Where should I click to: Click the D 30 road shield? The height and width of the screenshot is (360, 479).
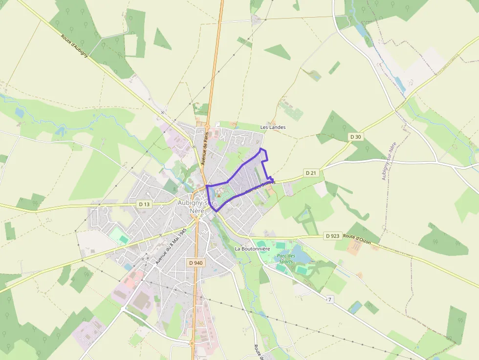tap(356, 137)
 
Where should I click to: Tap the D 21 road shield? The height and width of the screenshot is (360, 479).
tap(311, 173)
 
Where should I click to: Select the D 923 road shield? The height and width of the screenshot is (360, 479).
tap(332, 236)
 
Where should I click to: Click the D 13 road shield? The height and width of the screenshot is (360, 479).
tap(144, 204)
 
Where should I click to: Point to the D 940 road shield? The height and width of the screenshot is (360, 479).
tap(196, 263)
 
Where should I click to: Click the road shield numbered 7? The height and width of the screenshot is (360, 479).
tap(330, 299)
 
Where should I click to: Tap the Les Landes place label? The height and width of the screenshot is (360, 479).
tap(273, 127)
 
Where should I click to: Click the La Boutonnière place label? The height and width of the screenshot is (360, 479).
tap(252, 249)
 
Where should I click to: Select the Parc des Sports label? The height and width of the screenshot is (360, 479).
tap(285, 258)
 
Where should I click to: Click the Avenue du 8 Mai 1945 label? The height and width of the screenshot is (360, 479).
tap(171, 246)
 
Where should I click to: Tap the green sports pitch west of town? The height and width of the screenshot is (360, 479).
tap(120, 238)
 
